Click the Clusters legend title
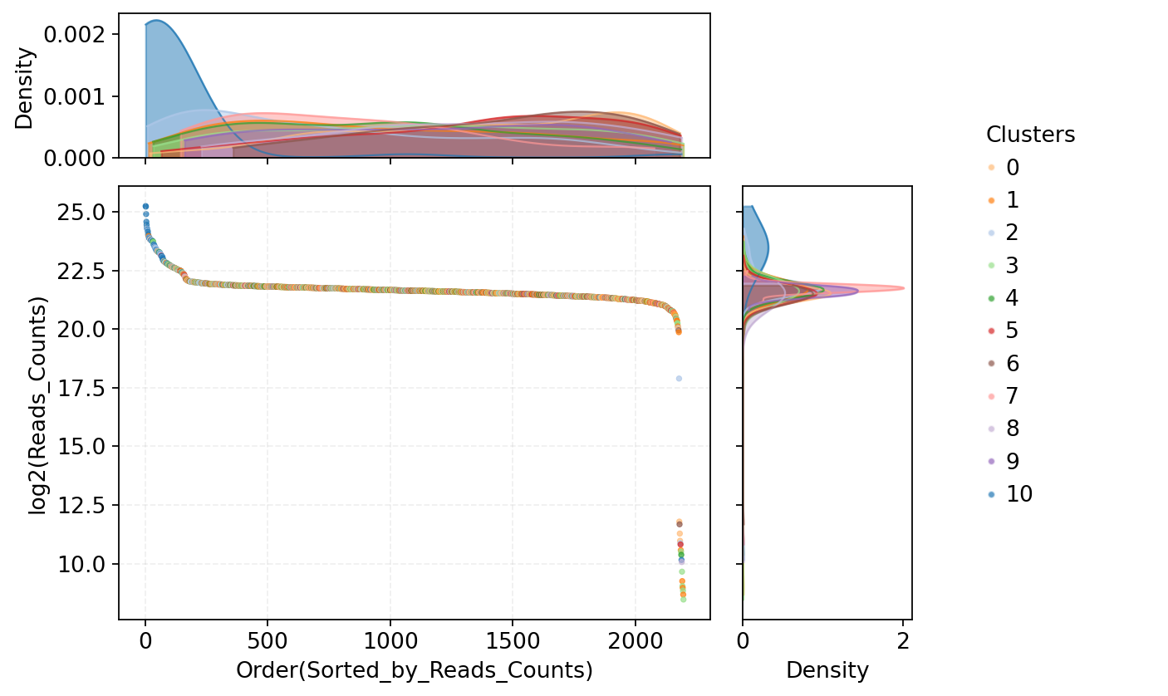pyautogui.click(x=1030, y=135)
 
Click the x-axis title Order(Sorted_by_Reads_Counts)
pyautogui.click(x=415, y=671)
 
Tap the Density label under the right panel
pyautogui.click(x=827, y=671)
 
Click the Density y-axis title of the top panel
pyautogui.click(x=25, y=88)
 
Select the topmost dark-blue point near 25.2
pyautogui.click(x=145, y=206)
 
